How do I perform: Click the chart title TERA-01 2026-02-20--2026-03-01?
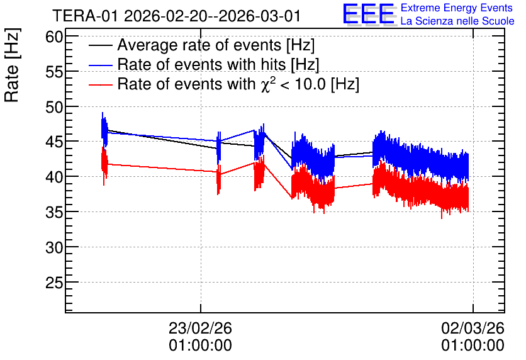pyautogui.click(x=177, y=16)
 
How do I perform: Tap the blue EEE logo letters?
pyautogui.click(x=368, y=14)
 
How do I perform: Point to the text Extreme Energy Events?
pyautogui.click(x=457, y=8)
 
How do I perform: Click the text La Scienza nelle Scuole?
pyautogui.click(x=457, y=21)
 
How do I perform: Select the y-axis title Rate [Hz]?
pyautogui.click(x=12, y=65)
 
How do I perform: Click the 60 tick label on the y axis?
pyautogui.click(x=54, y=37)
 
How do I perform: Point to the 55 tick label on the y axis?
pyautogui.click(x=54, y=72)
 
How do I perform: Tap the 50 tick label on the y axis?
pyautogui.click(x=54, y=107)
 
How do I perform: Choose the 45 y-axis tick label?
pyautogui.click(x=54, y=142)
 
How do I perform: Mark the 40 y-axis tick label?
pyautogui.click(x=54, y=177)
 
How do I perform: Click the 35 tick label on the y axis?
pyautogui.click(x=54, y=212)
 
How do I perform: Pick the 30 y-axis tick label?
pyautogui.click(x=54, y=247)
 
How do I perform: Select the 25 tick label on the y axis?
pyautogui.click(x=54, y=283)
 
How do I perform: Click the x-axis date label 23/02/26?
pyautogui.click(x=200, y=328)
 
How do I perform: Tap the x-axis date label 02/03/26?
pyautogui.click(x=473, y=328)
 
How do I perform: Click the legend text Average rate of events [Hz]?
pyautogui.click(x=216, y=45)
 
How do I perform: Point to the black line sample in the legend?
pyautogui.click(x=100, y=45)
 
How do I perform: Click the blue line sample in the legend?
pyautogui.click(x=100, y=65)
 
